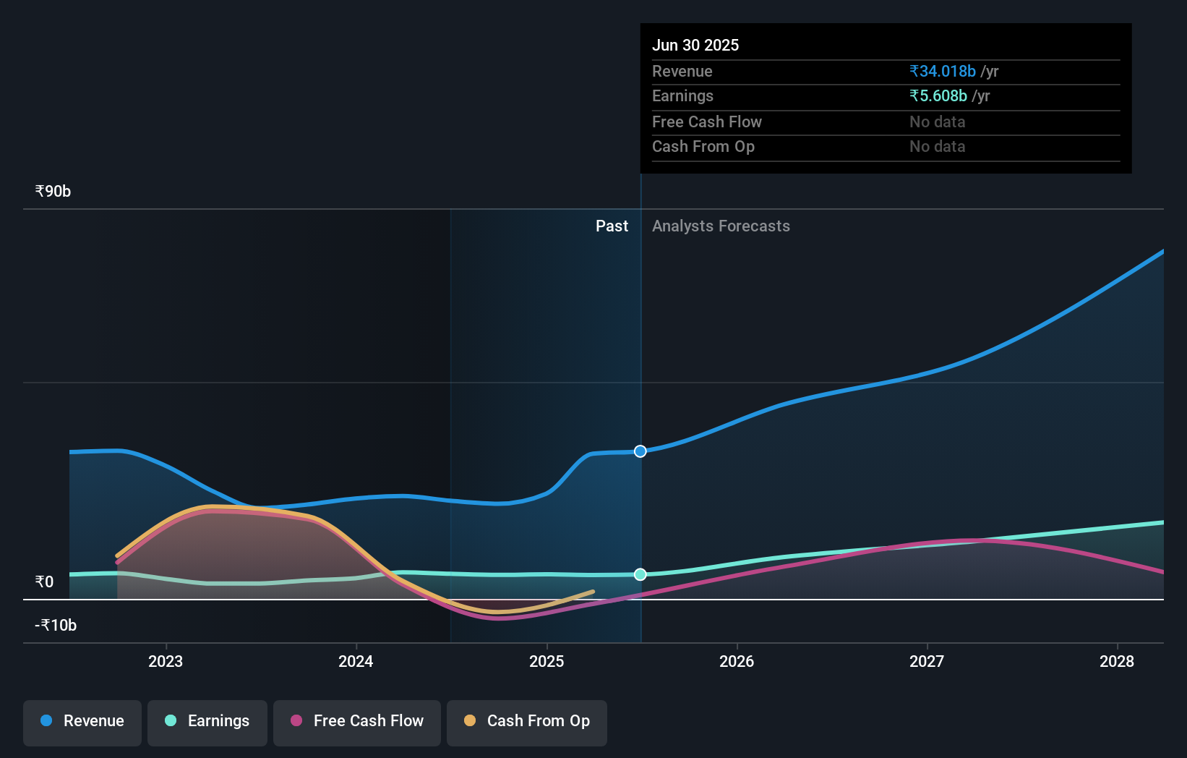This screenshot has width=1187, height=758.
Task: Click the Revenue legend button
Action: [82, 722]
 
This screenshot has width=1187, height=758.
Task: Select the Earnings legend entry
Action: [207, 722]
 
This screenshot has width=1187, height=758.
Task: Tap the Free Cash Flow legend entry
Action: [357, 722]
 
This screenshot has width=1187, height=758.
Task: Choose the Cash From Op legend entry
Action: [527, 722]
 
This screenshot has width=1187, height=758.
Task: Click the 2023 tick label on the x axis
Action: [166, 662]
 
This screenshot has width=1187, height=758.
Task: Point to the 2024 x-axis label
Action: [356, 662]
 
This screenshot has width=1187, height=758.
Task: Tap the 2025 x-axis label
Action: [547, 662]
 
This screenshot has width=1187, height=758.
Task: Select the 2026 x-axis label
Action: [737, 662]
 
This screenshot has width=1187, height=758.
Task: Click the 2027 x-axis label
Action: [927, 662]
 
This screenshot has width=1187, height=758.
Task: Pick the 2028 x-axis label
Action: [1117, 662]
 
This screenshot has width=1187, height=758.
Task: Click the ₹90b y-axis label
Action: [53, 192]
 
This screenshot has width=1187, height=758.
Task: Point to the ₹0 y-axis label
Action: [44, 582]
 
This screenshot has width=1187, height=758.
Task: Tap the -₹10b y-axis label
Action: [56, 626]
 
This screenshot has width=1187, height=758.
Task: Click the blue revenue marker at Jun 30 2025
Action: [640, 451]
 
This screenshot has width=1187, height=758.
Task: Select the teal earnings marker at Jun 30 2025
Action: [640, 574]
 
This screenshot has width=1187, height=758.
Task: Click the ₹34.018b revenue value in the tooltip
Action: [943, 72]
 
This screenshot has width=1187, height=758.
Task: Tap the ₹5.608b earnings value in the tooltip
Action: [938, 96]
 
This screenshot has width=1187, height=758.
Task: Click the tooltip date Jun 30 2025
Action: [695, 46]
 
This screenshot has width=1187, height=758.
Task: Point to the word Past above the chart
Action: [612, 226]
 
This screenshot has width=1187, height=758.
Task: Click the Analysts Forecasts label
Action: [721, 226]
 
